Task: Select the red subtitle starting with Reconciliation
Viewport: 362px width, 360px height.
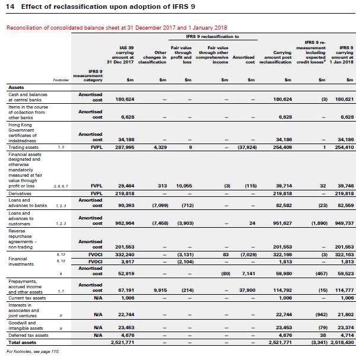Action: pyautogui.click(x=116, y=28)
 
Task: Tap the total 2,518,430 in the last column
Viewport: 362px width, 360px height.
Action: pyautogui.click(x=341, y=342)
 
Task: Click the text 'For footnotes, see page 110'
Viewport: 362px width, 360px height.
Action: pyautogui.click(x=34, y=352)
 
